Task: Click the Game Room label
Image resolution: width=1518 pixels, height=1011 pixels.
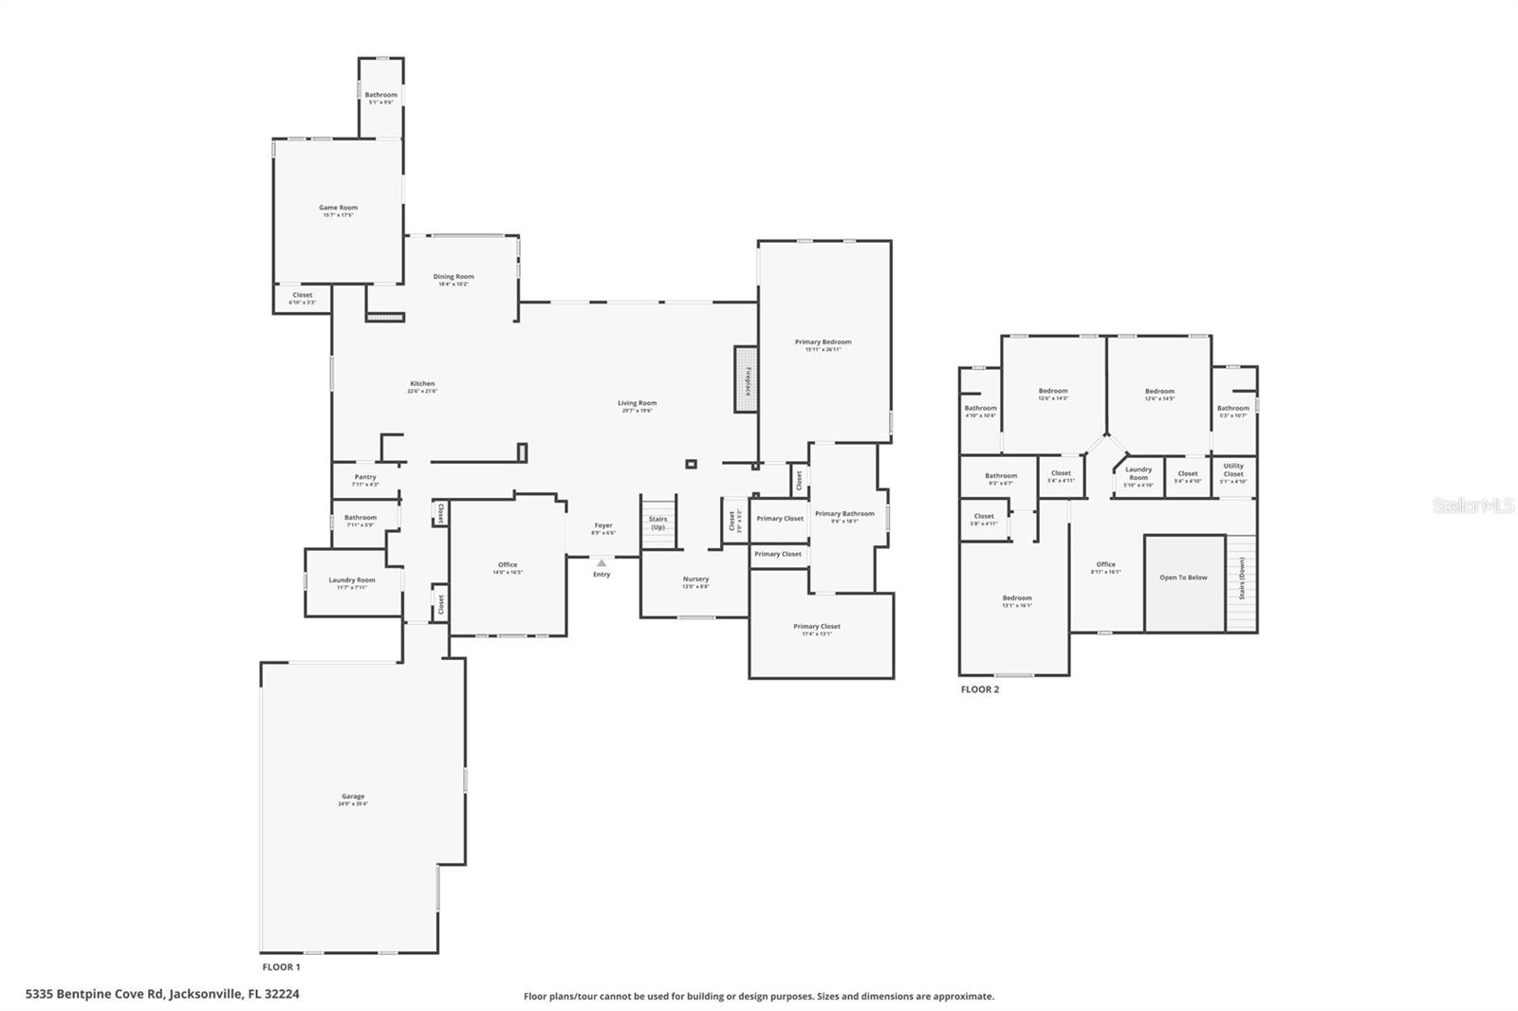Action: pyautogui.click(x=338, y=208)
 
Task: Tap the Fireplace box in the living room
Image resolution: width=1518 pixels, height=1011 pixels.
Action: pyautogui.click(x=746, y=379)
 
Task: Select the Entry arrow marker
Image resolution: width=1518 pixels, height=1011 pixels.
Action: pyautogui.click(x=602, y=563)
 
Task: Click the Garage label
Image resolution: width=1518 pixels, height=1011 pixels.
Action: pyautogui.click(x=353, y=797)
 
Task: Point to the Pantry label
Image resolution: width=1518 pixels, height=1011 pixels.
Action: pyautogui.click(x=365, y=477)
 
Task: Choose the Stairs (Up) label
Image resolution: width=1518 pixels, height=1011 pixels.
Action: pyautogui.click(x=657, y=523)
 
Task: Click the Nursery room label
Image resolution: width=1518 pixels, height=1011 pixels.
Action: pyautogui.click(x=695, y=579)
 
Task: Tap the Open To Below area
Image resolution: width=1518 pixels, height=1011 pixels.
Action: pyautogui.click(x=1184, y=578)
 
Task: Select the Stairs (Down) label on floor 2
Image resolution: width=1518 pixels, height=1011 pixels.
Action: pyautogui.click(x=1241, y=578)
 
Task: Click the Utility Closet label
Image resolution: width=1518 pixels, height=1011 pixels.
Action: pyautogui.click(x=1233, y=469)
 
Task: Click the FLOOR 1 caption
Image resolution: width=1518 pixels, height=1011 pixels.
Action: pyautogui.click(x=281, y=967)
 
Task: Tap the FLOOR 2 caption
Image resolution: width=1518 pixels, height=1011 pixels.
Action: pyautogui.click(x=979, y=689)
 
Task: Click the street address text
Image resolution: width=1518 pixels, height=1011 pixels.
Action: pyautogui.click(x=162, y=994)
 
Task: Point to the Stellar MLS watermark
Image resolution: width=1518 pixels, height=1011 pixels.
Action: pyautogui.click(x=1473, y=506)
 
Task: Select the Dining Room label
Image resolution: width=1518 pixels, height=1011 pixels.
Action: pyautogui.click(x=454, y=277)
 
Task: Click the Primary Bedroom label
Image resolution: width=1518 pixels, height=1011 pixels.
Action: pyautogui.click(x=823, y=341)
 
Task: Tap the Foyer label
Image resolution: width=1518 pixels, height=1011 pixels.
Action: pyautogui.click(x=603, y=524)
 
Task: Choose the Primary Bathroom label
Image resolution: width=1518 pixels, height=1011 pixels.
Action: pyautogui.click(x=844, y=514)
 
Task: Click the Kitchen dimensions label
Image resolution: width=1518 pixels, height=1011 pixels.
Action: pyautogui.click(x=422, y=391)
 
